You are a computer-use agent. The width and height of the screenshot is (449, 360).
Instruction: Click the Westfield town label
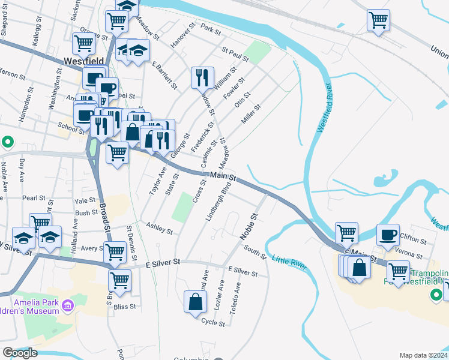pyautogui.click(x=84, y=61)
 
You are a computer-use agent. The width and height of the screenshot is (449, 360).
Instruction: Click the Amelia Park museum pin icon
pyautogui.click(x=68, y=307)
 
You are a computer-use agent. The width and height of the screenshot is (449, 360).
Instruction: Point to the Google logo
pyautogui.click(x=20, y=353)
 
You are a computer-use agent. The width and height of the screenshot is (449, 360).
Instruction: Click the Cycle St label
pyautogui.click(x=213, y=322)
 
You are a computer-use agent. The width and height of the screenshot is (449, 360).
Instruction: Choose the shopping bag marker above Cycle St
pyautogui.click(x=196, y=302)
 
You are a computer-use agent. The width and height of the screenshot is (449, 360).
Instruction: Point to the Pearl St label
pyautogui.click(x=34, y=198)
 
